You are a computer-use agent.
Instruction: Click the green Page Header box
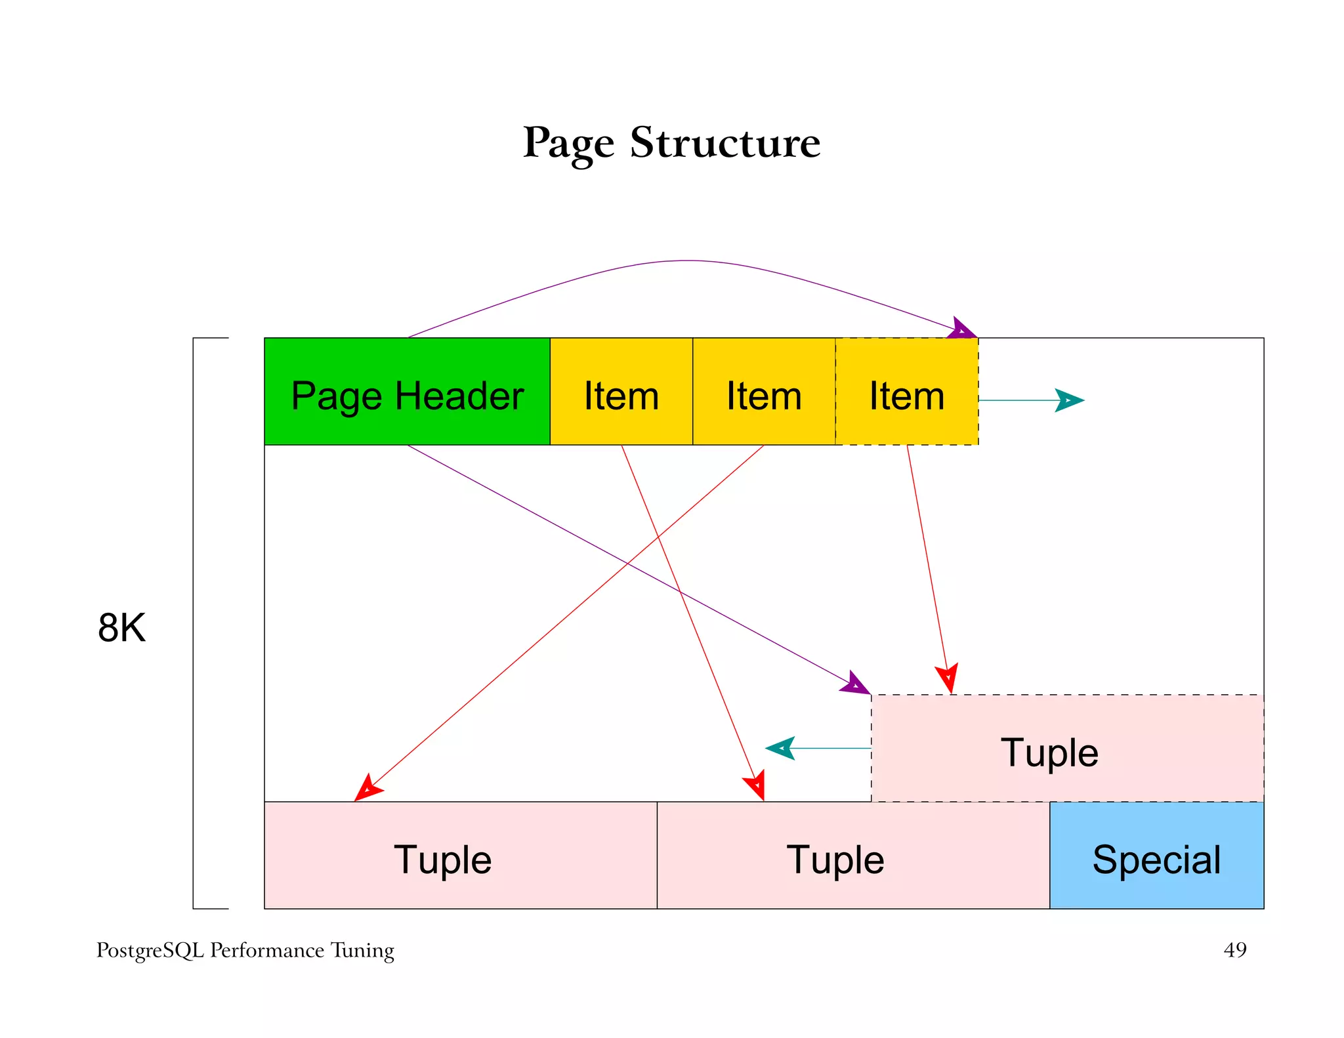click(407, 392)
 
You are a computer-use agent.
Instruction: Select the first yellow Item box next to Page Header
click(621, 392)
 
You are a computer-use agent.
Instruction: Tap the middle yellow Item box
click(764, 392)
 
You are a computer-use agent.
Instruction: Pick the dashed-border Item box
click(907, 392)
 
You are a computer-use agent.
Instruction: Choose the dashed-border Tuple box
click(1067, 748)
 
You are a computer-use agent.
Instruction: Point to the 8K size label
click(121, 627)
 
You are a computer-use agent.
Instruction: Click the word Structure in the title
click(725, 142)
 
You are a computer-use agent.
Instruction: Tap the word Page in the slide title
click(568, 142)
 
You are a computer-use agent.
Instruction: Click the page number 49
click(1234, 949)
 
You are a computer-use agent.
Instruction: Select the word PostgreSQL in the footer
click(150, 950)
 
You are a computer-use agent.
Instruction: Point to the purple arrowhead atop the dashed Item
click(963, 329)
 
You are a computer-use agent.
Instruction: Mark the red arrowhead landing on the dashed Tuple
click(948, 678)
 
